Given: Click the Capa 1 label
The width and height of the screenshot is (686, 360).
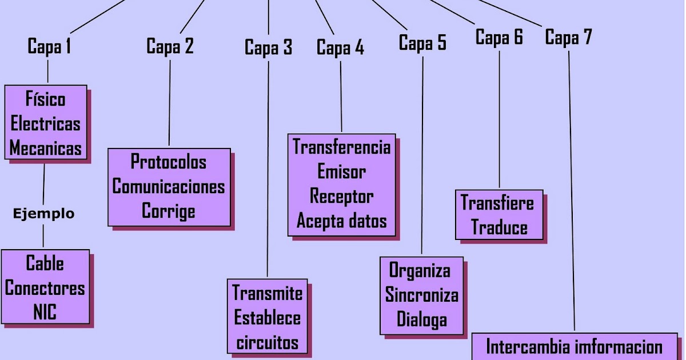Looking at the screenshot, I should point(49,46).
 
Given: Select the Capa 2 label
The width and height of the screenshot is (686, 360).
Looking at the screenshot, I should point(170,46).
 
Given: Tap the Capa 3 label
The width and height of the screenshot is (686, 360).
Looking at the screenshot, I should point(268,47).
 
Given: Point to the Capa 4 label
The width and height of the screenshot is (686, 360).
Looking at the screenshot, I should point(340,48).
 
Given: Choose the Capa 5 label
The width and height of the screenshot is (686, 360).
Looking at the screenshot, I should point(422,43).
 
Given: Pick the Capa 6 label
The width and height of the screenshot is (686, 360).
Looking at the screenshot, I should point(499,38).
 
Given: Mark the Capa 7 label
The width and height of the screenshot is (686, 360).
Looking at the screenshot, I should point(568,38).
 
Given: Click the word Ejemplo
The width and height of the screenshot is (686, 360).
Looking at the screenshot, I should point(43,214).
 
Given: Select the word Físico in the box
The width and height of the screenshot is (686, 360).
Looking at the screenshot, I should point(46,99).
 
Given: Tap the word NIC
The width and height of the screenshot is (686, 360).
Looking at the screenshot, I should point(45,313).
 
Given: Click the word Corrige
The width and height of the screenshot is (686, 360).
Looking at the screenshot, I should point(169,211).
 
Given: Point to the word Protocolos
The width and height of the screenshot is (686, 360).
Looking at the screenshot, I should point(169,162).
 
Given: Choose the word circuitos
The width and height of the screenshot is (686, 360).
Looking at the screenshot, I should point(268,342).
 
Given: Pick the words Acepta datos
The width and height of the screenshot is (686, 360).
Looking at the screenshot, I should point(342,221).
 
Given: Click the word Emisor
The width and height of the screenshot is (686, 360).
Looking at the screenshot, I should point(342,171).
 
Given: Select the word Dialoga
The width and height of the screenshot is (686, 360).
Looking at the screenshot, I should point(422,319).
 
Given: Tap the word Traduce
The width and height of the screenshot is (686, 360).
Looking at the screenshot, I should point(499,227).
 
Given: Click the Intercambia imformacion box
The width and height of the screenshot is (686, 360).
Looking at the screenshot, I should point(574,346).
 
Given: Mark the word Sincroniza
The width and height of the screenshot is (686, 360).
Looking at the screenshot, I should point(422,295).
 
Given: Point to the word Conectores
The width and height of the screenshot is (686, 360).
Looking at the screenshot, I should point(45,288).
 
